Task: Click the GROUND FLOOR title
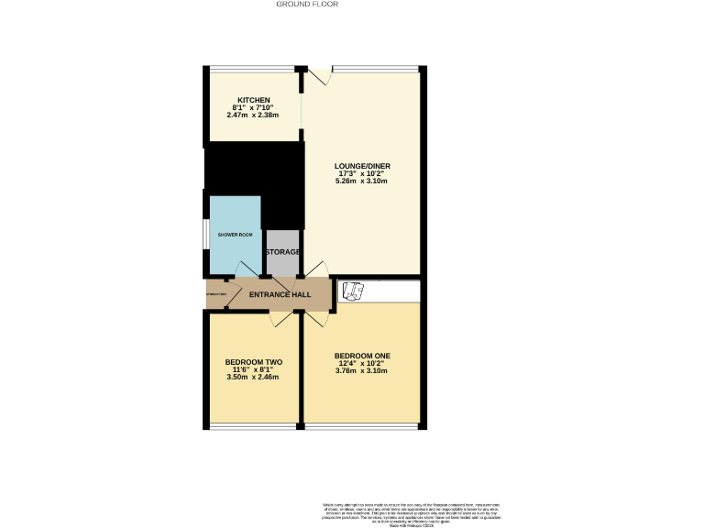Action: tap(307, 5)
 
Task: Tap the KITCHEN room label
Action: tap(254, 100)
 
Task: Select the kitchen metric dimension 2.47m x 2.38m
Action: tap(255, 115)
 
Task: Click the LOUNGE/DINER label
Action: tap(362, 166)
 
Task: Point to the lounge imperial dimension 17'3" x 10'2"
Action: tap(362, 173)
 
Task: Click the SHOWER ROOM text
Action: tap(235, 235)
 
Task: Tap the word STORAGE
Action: tap(283, 252)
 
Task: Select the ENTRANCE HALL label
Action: tap(280, 294)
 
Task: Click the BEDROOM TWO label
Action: tap(254, 363)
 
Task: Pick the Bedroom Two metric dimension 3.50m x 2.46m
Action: tap(254, 378)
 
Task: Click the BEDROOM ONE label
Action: tap(362, 356)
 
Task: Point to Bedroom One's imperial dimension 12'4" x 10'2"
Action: tap(362, 363)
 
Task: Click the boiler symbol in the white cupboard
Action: tap(352, 291)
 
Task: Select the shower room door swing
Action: tap(247, 269)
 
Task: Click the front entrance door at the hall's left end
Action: tap(216, 293)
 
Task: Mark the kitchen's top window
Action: tap(252, 68)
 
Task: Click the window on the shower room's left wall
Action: tap(206, 235)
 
